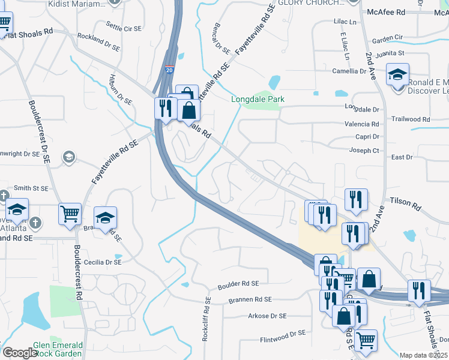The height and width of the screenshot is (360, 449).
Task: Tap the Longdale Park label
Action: [258, 99]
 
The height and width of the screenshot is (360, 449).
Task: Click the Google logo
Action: [20, 353]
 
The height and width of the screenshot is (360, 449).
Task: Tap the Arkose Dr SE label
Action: [267, 316]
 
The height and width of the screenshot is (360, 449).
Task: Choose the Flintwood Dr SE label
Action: [283, 340]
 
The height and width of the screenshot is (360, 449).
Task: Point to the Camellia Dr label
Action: [349, 71]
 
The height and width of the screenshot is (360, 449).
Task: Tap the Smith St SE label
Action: [31, 188]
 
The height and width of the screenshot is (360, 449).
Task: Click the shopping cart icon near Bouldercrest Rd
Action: [70, 213]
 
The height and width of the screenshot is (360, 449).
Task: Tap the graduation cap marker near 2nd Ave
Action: [397, 75]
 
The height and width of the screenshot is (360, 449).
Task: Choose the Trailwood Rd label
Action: [411, 119]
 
